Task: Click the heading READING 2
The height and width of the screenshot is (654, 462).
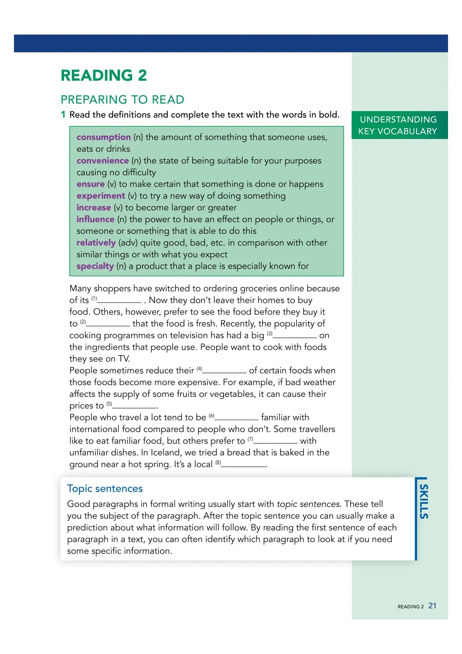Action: [x=104, y=75]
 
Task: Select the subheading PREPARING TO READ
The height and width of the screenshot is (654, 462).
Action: [x=122, y=100]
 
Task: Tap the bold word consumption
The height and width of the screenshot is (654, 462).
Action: [x=103, y=137]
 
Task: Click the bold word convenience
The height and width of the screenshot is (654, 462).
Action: [x=102, y=161]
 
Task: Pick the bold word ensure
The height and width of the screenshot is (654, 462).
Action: [x=90, y=184]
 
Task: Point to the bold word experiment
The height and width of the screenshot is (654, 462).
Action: [x=101, y=196]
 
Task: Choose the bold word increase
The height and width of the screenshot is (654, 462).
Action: [x=94, y=208]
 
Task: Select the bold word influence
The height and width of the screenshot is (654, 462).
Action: [x=95, y=219]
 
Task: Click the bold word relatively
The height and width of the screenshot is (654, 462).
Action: [x=96, y=243]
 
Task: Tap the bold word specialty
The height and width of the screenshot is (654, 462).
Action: [x=95, y=266]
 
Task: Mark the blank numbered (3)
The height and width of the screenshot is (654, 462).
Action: [x=295, y=336]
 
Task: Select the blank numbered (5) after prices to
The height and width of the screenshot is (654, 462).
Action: [x=134, y=406]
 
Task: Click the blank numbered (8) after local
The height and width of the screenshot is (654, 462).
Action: [x=243, y=465]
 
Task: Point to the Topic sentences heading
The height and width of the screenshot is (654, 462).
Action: [x=105, y=489]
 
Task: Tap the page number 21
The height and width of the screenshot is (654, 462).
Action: [x=432, y=606]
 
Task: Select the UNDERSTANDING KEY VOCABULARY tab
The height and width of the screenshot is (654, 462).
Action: [x=398, y=125]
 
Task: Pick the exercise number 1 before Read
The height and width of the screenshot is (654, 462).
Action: [x=63, y=115]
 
